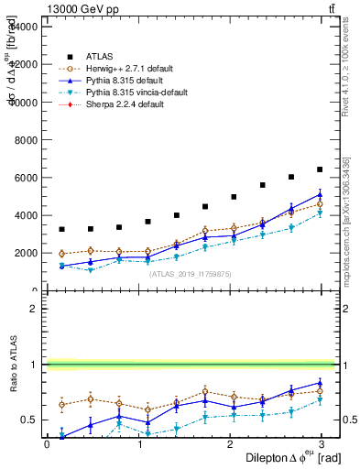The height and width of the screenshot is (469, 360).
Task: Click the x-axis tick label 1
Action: tap(140, 444)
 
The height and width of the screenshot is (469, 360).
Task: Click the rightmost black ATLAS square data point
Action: tap(320, 169)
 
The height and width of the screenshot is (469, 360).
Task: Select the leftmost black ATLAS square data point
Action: tap(61, 229)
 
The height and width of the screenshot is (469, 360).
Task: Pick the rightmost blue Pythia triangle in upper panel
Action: tap(320, 194)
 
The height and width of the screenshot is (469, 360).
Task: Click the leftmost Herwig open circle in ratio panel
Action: tap(61, 404)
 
